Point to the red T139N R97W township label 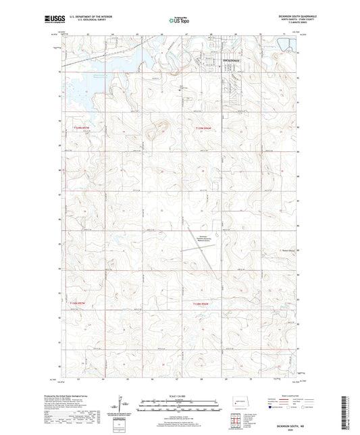click(80, 126)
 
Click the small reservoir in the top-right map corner click(287, 45)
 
